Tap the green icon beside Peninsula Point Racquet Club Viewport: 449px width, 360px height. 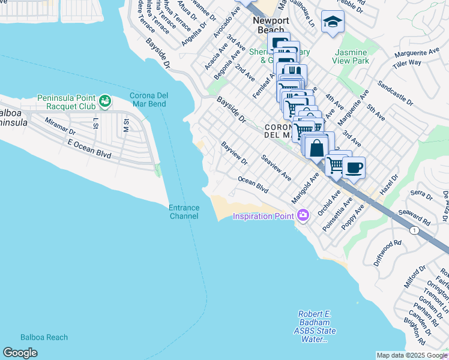[x=105, y=101]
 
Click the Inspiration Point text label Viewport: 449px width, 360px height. [x=264, y=216]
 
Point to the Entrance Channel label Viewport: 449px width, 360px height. [x=184, y=212]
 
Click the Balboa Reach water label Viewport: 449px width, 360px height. [x=44, y=337]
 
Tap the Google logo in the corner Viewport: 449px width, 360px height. [x=20, y=353]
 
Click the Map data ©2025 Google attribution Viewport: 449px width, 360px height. [x=412, y=355]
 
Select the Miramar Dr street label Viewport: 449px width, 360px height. [x=60, y=125]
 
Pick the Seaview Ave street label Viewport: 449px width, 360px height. [x=276, y=169]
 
